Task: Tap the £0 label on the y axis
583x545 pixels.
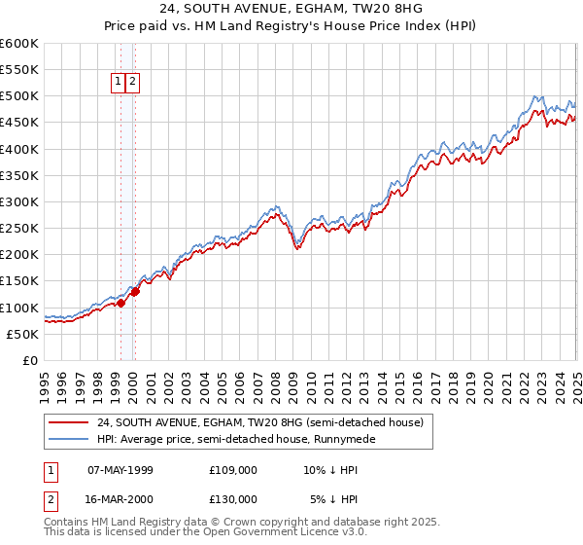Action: pyautogui.click(x=28, y=361)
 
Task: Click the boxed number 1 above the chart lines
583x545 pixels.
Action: pyautogui.click(x=119, y=83)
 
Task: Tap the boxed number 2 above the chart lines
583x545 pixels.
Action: pyautogui.click(x=133, y=83)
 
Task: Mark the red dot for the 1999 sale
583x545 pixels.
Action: pyautogui.click(x=121, y=303)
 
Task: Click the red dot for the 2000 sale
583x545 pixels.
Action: pyautogui.click(x=136, y=291)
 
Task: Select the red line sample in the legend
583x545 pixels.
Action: pyautogui.click(x=67, y=423)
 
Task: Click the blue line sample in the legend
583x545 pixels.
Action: pyautogui.click(x=67, y=439)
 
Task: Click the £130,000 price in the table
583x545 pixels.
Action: pyautogui.click(x=232, y=499)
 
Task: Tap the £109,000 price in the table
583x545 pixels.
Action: pyautogui.click(x=232, y=470)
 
